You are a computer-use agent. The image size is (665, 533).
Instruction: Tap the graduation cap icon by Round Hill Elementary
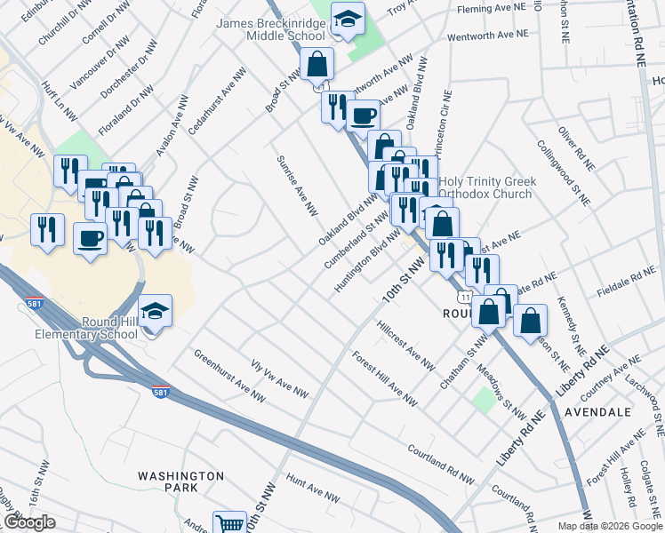pyautogui.click(x=156, y=312)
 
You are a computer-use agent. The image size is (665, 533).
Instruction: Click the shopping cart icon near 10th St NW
pyautogui.click(x=230, y=523)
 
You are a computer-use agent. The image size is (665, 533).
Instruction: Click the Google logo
pyautogui.click(x=28, y=522)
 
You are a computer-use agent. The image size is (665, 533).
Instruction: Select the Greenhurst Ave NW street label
pyautogui.click(x=224, y=375)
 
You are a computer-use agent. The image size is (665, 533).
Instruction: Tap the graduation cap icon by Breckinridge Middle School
pyautogui.click(x=347, y=19)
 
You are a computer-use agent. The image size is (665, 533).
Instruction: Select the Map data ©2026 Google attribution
pyautogui.click(x=609, y=526)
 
